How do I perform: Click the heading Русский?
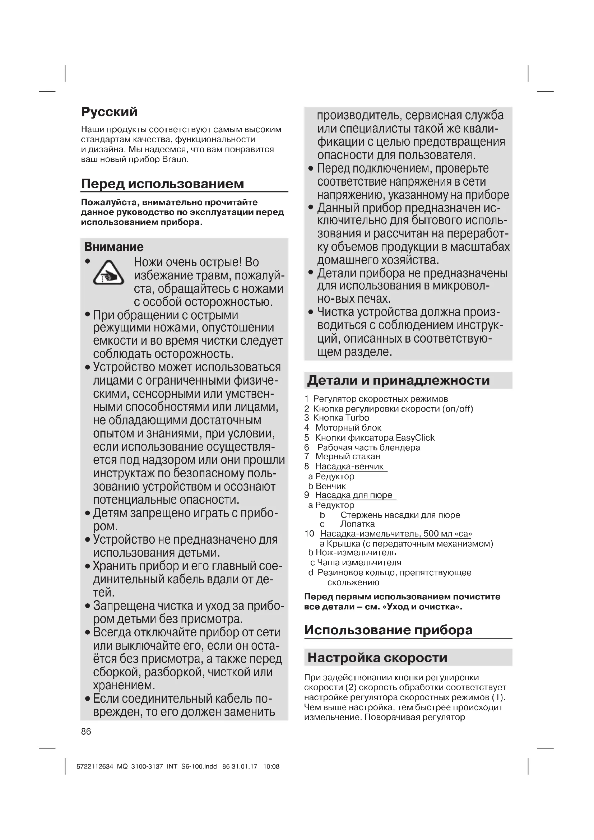[109, 112]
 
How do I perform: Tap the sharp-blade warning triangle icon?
[108, 273]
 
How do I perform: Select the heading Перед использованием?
[162, 184]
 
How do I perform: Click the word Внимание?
[114, 247]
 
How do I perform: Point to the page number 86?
[86, 731]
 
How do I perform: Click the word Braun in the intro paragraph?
[175, 159]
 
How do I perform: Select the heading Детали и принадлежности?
[398, 380]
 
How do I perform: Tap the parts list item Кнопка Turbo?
[341, 418]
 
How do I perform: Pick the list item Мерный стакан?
[348, 456]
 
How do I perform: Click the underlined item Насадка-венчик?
[349, 467]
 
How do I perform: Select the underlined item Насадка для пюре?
[354, 495]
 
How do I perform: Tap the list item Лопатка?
[357, 524]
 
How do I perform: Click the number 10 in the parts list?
[310, 534]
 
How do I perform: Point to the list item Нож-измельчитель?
[356, 552]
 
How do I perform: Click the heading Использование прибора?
[389, 630]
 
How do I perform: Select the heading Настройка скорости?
[377, 658]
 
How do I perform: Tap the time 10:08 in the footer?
[271, 766]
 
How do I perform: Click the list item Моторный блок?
[348, 428]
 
